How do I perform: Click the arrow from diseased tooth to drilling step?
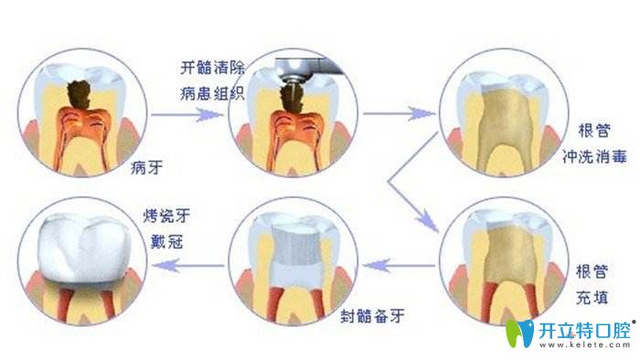point(187,115)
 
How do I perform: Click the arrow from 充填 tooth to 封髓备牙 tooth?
point(399,266)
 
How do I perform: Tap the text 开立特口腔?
point(585,328)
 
